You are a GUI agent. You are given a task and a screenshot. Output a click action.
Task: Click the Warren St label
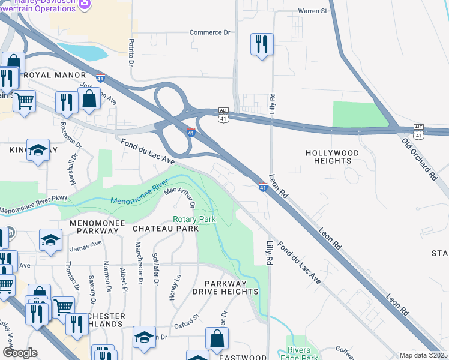pyautogui.click(x=313, y=11)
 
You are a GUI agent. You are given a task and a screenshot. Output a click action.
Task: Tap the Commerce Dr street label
pyautogui.click(x=210, y=32)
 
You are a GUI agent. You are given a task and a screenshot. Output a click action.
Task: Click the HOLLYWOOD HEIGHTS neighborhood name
pyautogui.click(x=332, y=157)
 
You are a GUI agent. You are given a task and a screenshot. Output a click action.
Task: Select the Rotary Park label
pyautogui.click(x=194, y=220)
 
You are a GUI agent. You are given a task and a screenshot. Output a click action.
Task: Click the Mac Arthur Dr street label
pyautogui.click(x=181, y=197)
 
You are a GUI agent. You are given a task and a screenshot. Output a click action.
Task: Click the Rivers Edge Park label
pyautogui.click(x=298, y=354)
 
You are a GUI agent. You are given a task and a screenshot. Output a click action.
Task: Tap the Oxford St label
pyautogui.click(x=187, y=325)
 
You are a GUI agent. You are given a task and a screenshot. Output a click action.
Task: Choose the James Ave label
pyautogui.click(x=86, y=245)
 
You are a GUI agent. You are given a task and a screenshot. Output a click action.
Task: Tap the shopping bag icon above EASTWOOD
pyautogui.click(x=217, y=338)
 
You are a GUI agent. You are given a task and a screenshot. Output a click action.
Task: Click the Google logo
pyautogui.click(x=20, y=353)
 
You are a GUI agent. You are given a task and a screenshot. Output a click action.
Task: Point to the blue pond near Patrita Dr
pyautogui.click(x=85, y=52)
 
